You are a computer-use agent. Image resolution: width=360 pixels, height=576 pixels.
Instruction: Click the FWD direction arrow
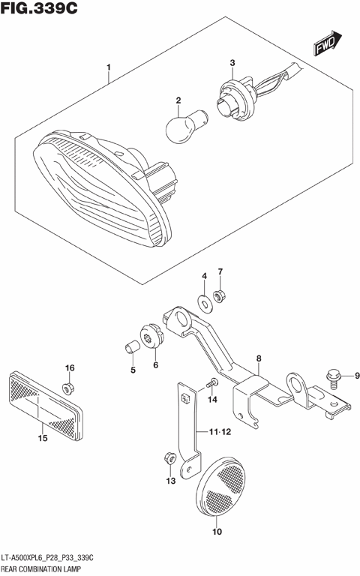328,44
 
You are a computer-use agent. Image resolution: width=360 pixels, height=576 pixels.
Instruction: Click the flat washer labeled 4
204,303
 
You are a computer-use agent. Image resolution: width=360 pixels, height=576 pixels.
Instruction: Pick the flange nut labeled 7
220,297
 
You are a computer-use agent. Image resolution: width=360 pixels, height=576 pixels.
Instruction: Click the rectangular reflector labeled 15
45,401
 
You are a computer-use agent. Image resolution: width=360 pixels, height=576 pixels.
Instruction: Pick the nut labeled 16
68,388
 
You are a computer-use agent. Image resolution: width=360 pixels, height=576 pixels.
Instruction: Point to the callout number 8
258,359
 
